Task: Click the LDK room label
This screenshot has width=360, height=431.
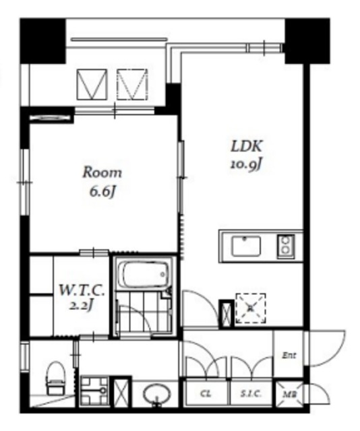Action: pyautogui.click(x=246, y=146)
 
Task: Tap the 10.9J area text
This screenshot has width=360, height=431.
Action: pyautogui.click(x=245, y=164)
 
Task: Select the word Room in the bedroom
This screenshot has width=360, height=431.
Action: pyautogui.click(x=102, y=172)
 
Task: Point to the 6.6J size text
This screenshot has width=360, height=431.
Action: pyautogui.click(x=102, y=191)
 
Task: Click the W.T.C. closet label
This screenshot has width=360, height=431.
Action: pyautogui.click(x=82, y=290)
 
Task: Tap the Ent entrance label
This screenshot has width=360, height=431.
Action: pyautogui.click(x=289, y=356)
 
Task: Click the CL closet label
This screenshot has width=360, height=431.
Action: pyautogui.click(x=206, y=393)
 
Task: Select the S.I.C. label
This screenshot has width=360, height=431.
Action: pyautogui.click(x=251, y=393)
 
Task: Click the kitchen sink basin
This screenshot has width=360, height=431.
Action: pyautogui.click(x=246, y=246)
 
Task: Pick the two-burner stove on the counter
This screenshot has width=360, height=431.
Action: pyautogui.click(x=286, y=246)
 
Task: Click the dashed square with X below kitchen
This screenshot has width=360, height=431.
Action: pyautogui.click(x=251, y=308)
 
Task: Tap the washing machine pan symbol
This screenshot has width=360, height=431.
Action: pyautogui.click(x=94, y=391)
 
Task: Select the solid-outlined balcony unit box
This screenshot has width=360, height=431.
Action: pyautogui.click(x=92, y=84)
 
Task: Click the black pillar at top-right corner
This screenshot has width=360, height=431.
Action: pyautogui.click(x=307, y=40)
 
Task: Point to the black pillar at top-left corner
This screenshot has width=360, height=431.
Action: pyautogui.click(x=42, y=40)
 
